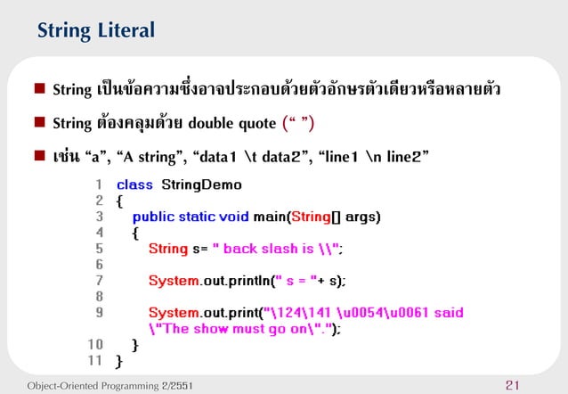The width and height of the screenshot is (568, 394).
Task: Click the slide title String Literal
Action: [x=96, y=31]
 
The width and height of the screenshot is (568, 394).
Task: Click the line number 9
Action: [x=98, y=313]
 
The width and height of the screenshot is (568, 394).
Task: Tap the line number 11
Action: [x=95, y=361]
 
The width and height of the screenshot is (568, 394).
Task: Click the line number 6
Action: [x=98, y=265]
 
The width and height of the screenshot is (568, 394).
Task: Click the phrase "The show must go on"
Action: [x=232, y=329]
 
